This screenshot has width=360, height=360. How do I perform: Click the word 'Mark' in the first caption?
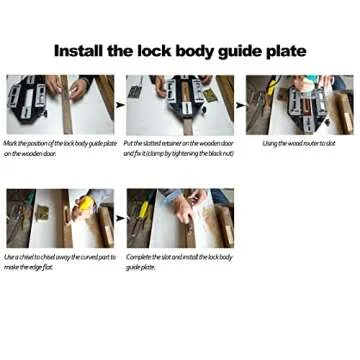coord(10,144)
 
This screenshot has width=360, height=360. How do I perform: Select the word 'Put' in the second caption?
coord(131,144)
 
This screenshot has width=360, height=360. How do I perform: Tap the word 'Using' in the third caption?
coord(271,144)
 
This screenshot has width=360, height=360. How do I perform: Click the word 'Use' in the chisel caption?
coord(10,258)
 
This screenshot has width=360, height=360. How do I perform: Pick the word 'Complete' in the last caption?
coord(139,258)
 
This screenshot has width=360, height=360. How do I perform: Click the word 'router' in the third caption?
coord(313,144)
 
